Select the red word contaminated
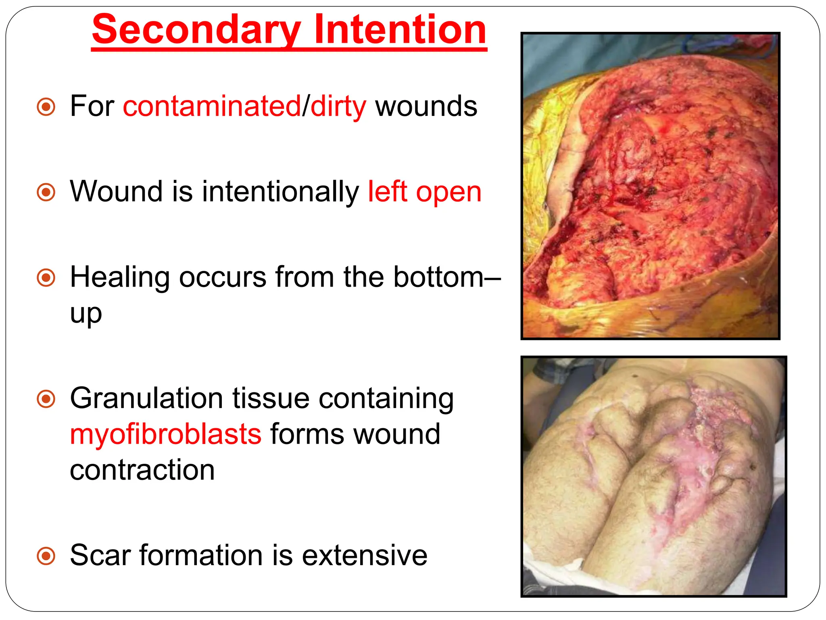click(x=212, y=107)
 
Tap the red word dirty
click(x=338, y=107)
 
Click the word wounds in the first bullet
click(x=426, y=107)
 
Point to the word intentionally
click(x=280, y=191)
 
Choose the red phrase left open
click(x=425, y=191)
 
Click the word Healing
click(x=120, y=278)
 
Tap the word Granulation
click(x=146, y=399)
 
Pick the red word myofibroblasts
click(x=166, y=435)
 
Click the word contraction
click(x=142, y=470)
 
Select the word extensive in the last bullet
click(x=365, y=555)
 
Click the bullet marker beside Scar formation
click(x=46, y=556)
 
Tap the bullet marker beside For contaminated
click(x=46, y=107)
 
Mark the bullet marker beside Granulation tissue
click(x=46, y=399)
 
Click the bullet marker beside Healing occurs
click(x=46, y=278)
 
